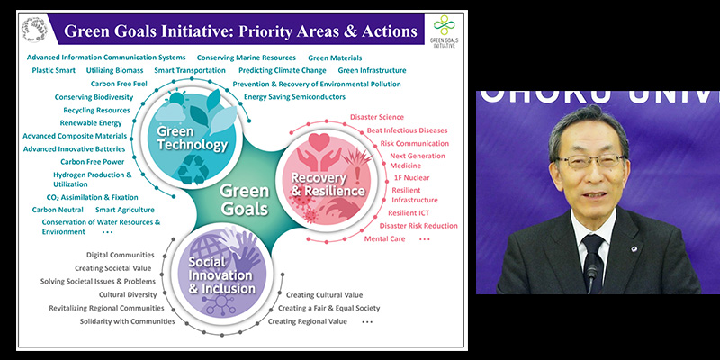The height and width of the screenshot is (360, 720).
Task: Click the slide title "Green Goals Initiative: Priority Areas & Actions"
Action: click(x=240, y=31)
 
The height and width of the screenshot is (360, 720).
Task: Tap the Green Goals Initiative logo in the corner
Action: click(x=444, y=31)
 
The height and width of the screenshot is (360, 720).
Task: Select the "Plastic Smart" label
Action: click(x=54, y=71)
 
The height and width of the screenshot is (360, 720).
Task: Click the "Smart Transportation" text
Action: click(x=190, y=71)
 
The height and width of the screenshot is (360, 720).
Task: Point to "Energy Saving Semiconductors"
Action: click(x=294, y=97)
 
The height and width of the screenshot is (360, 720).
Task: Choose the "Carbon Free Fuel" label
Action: click(x=118, y=84)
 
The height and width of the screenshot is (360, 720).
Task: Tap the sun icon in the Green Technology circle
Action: click(x=176, y=98)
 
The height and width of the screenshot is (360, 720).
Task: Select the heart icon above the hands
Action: click(x=319, y=142)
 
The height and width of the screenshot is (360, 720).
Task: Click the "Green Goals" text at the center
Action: click(x=244, y=200)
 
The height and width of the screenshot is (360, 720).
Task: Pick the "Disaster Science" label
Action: click(x=377, y=118)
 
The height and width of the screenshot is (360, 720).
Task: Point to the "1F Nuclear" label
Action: click(x=411, y=177)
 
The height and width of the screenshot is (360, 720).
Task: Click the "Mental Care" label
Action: click(x=385, y=238)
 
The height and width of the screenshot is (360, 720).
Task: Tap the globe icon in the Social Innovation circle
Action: click(x=207, y=248)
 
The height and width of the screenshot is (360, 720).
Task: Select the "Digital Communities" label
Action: click(x=121, y=255)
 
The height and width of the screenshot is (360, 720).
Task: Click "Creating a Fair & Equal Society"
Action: click(x=328, y=308)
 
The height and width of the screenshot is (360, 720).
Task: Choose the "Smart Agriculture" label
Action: click(x=125, y=210)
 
